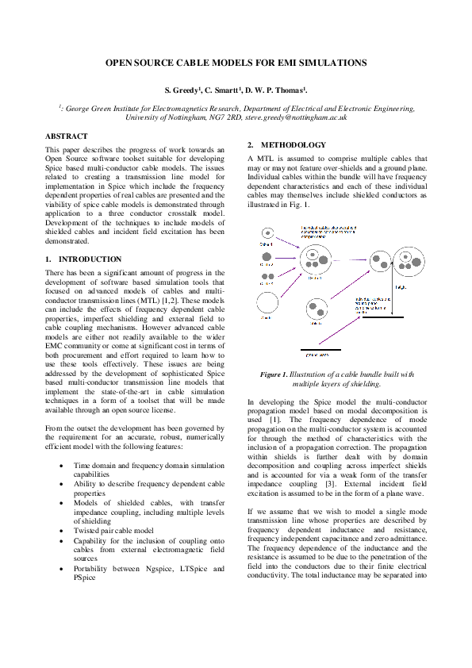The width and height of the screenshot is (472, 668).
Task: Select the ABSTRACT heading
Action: pyautogui.click(x=67, y=136)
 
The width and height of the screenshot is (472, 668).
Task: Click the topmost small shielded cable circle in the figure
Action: pyautogui.click(x=267, y=235)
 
